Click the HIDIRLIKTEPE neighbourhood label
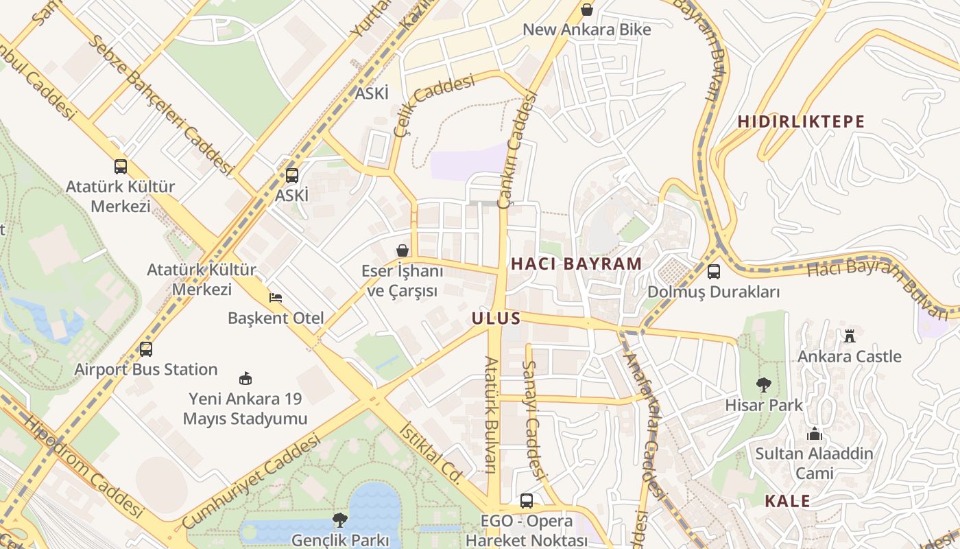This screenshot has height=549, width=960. (x=801, y=121)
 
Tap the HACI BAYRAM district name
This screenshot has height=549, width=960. (x=576, y=264)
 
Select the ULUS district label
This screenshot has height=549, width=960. (x=496, y=318)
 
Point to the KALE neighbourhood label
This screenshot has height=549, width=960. (x=787, y=501)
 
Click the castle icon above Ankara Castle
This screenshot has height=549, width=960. (x=850, y=336)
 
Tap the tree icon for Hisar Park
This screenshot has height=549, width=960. (x=763, y=385)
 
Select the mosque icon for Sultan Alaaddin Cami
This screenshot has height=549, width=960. (x=814, y=434)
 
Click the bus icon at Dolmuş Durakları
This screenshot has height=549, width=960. (x=714, y=272)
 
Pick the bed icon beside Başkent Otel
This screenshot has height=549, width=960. (x=276, y=298)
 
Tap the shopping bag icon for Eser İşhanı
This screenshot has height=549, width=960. (x=403, y=250)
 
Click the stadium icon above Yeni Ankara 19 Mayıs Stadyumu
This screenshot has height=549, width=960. (x=245, y=378)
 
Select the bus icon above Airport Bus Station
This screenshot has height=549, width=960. (x=146, y=349)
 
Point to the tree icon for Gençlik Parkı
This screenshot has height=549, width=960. (x=339, y=520)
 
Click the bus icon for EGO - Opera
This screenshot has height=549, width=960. (x=526, y=501)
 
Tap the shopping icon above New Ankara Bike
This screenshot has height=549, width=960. (x=587, y=10)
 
